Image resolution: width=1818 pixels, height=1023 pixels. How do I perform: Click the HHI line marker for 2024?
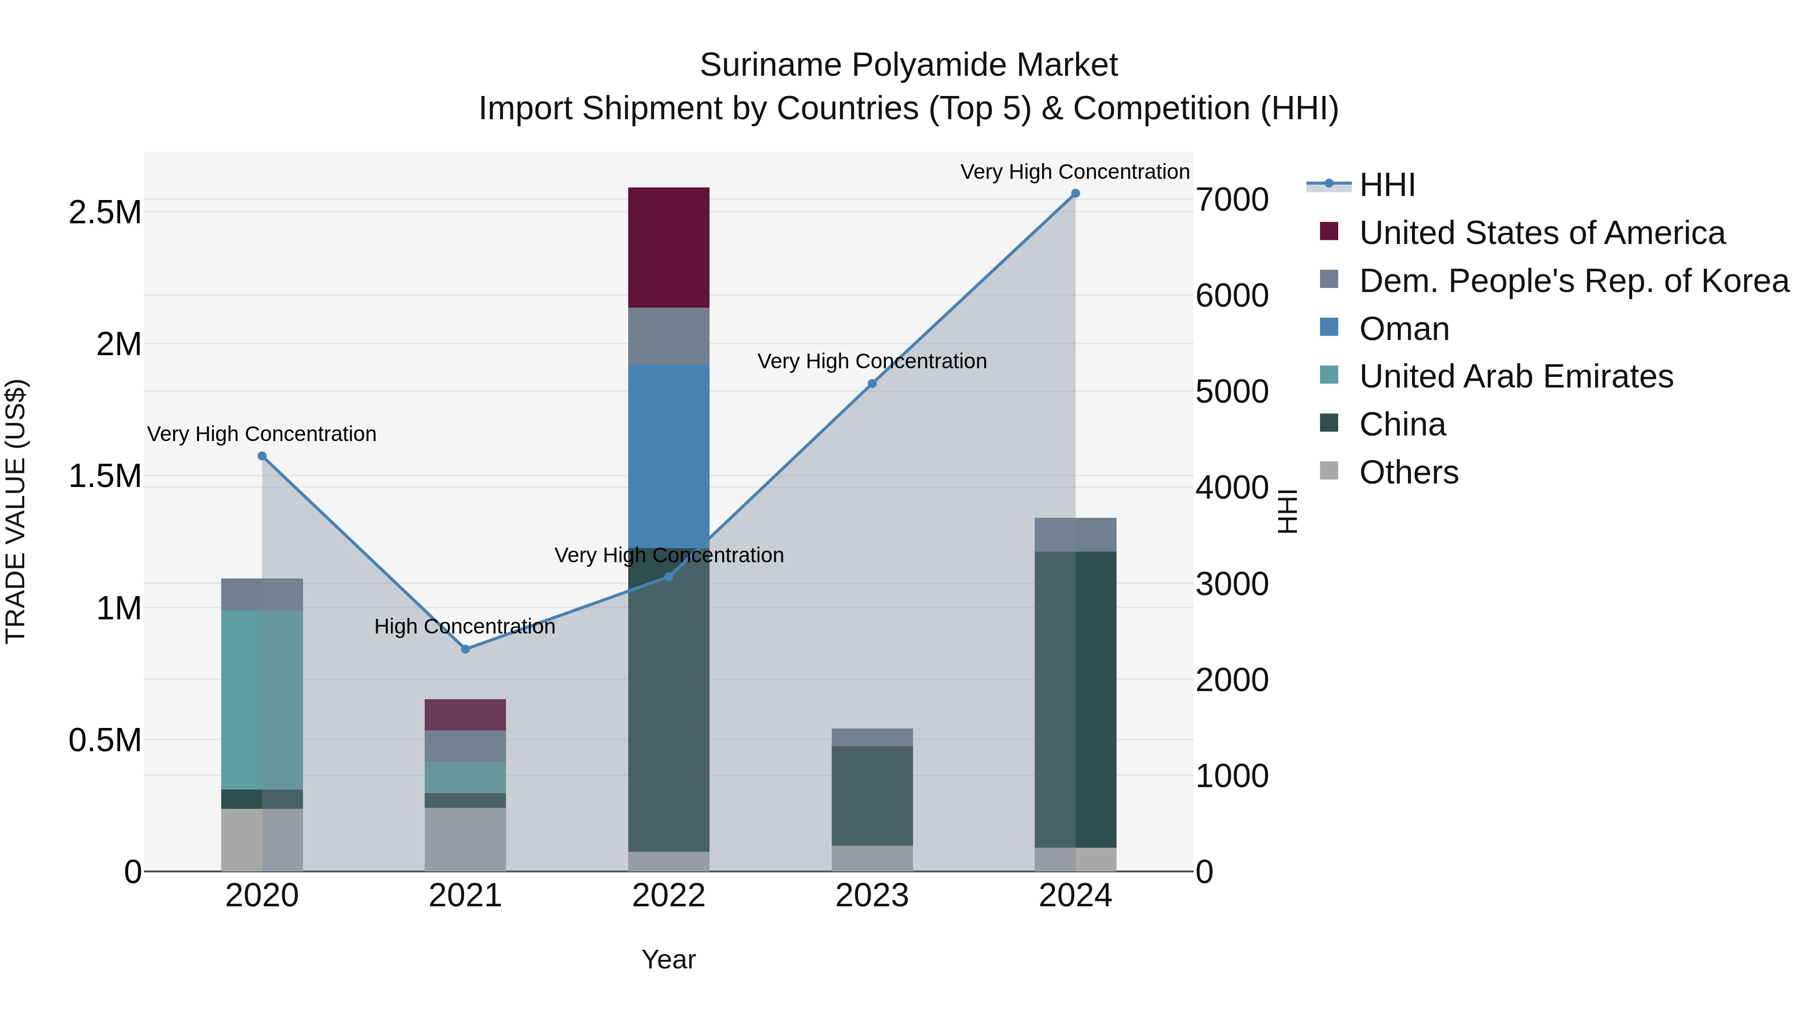click(x=1075, y=193)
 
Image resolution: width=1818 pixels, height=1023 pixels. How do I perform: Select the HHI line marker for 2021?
click(x=465, y=649)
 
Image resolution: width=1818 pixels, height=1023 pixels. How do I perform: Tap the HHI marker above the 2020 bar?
click(x=262, y=456)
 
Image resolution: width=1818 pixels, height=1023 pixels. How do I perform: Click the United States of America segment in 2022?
click(x=668, y=247)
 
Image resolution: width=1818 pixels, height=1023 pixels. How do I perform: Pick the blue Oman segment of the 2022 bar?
click(x=668, y=455)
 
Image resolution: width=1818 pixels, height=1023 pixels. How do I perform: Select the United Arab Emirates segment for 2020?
click(x=262, y=699)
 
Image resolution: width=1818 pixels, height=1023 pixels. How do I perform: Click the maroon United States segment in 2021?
click(x=465, y=714)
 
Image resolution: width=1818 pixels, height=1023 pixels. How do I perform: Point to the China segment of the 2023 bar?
click(x=872, y=795)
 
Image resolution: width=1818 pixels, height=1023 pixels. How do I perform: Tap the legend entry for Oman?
click(x=1404, y=329)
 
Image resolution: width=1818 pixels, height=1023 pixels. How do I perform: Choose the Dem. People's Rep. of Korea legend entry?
click(x=1573, y=281)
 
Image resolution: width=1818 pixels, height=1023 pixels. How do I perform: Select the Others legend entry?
click(x=1408, y=472)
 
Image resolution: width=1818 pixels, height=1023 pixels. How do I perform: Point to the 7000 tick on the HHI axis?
click(x=1232, y=200)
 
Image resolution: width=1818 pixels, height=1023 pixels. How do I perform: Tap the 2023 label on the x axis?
click(x=872, y=896)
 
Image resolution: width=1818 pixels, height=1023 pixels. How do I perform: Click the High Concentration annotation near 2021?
click(x=465, y=626)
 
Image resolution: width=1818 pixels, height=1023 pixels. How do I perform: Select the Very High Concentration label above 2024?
click(x=1074, y=172)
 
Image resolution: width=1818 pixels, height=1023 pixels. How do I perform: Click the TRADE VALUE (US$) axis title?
click(x=16, y=511)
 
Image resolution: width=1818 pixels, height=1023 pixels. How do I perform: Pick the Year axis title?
click(x=668, y=959)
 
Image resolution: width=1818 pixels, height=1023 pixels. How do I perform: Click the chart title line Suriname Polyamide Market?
click(x=908, y=65)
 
